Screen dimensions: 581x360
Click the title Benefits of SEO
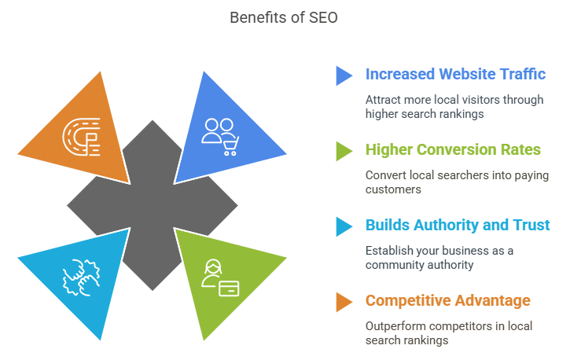point(284,17)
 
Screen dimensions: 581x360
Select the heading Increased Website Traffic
point(455,74)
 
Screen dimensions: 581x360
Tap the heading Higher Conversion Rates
point(453,149)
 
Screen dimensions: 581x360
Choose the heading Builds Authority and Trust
point(458,225)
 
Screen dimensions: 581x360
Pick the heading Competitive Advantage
point(447,301)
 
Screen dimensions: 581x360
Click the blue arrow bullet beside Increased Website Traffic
point(344,76)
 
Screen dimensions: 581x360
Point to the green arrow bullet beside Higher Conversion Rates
point(344,152)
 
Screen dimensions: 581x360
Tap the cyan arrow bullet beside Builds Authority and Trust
point(344,226)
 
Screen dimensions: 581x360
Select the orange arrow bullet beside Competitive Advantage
point(344,302)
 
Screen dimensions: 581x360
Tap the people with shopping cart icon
point(220,137)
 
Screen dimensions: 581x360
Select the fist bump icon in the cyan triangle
point(81,277)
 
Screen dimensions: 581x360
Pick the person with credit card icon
point(220,277)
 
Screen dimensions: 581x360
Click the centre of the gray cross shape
point(153,205)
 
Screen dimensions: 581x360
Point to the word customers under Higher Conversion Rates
point(393,189)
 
